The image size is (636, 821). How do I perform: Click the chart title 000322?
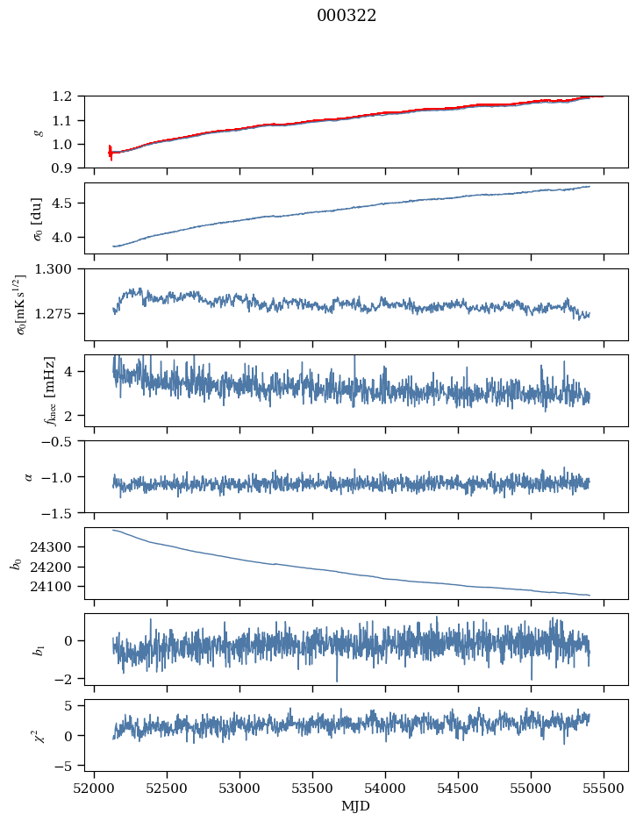point(347,16)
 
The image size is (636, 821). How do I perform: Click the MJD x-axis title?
point(355,806)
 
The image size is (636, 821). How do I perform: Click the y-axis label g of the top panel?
point(39,132)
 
